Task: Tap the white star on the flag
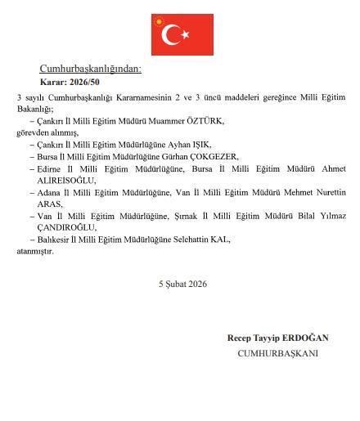[185, 34]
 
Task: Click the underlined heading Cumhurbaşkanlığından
[91, 69]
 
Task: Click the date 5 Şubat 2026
[183, 284]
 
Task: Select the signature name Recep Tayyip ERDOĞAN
[278, 338]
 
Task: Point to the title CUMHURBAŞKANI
[278, 353]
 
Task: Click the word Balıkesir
[52, 240]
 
